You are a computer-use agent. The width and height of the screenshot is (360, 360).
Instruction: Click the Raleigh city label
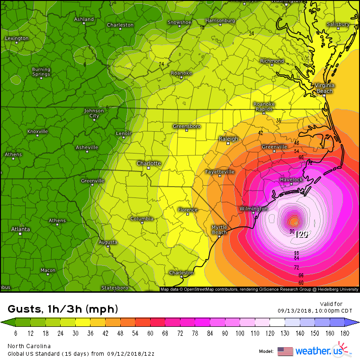pos(229,139)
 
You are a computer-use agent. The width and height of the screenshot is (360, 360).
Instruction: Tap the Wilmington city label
pos(253,209)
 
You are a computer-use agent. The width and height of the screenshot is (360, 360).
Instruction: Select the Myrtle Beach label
pos(219,230)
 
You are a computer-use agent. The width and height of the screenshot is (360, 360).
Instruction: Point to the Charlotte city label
pos(149,163)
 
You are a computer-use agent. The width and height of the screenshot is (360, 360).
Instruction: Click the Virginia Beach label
pos(324,88)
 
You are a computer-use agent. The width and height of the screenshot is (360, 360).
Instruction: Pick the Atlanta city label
pos(20,229)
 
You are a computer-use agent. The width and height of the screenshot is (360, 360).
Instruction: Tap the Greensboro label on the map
pos(187,126)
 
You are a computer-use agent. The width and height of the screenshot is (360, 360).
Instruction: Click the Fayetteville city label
pos(220,171)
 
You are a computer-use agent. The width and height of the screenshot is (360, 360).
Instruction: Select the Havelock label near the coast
pos(291,180)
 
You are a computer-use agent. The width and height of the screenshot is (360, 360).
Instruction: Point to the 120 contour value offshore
pos(302,234)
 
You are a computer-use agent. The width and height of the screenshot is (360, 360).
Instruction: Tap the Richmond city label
pos(272,61)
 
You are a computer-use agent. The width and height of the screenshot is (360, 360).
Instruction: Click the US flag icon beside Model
pos(285,351)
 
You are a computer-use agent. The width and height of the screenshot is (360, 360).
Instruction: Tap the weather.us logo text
pos(316,351)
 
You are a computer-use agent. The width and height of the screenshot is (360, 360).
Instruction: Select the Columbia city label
pos(142,219)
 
